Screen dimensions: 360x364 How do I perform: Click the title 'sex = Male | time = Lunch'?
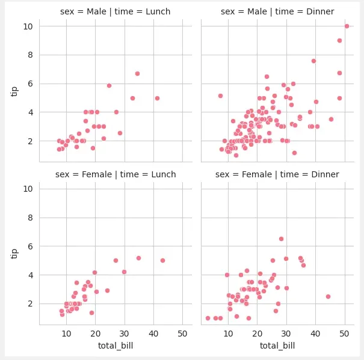click(116, 11)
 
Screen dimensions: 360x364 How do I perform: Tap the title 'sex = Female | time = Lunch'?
click(116, 174)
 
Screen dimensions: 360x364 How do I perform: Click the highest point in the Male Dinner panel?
click(347, 26)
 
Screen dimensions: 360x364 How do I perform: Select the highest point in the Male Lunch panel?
click(137, 73)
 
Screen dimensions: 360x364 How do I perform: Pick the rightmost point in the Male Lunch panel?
click(157, 98)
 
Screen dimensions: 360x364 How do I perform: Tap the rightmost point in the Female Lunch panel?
click(162, 260)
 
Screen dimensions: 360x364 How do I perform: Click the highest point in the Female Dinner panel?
click(281, 239)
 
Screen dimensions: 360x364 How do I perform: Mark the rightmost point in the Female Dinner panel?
click(328, 296)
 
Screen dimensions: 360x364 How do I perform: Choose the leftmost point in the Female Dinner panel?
click(208, 318)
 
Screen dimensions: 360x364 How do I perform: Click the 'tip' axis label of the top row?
click(14, 90)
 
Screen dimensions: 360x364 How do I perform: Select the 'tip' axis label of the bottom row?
click(14, 253)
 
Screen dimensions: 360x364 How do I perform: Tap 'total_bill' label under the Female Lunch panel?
click(116, 346)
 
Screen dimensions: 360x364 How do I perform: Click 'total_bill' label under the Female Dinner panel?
click(277, 346)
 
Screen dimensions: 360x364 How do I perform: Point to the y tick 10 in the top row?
click(28, 26)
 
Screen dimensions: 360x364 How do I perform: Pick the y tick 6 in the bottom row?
click(29, 246)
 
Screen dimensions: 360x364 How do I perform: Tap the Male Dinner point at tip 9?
click(339, 40)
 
